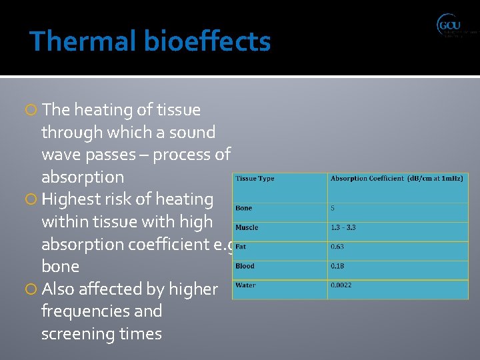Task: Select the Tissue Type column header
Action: (x=255, y=179)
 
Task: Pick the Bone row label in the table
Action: (x=244, y=208)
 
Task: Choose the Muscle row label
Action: (x=247, y=227)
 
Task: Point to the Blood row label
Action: (x=245, y=266)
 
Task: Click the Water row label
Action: (x=245, y=285)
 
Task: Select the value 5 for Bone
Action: (x=333, y=208)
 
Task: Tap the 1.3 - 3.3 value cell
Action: (x=343, y=227)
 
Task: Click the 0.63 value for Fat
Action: (x=337, y=247)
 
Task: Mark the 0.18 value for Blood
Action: (x=337, y=266)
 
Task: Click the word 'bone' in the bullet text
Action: (x=60, y=267)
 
